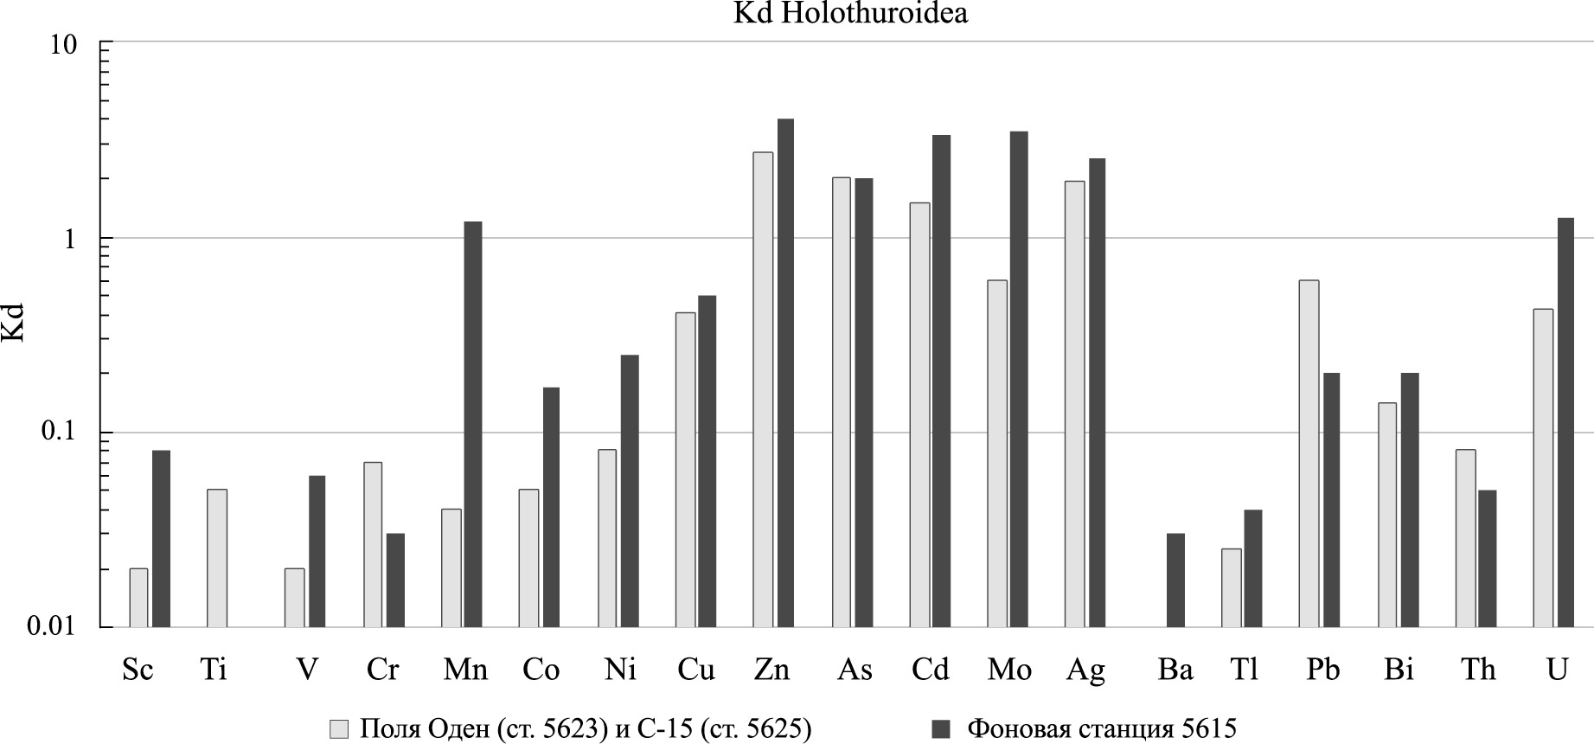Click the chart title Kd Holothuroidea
tap(850, 14)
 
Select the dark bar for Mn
tap(473, 424)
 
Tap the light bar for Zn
tap(763, 389)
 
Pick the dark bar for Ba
tap(1175, 580)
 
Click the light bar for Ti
tap(217, 558)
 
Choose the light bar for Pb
tap(1309, 453)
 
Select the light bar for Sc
tap(138, 598)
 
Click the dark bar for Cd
tap(942, 381)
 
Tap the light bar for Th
tap(1465, 538)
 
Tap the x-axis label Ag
tap(1085, 670)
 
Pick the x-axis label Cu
tap(696, 670)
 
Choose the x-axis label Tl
tap(1245, 670)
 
